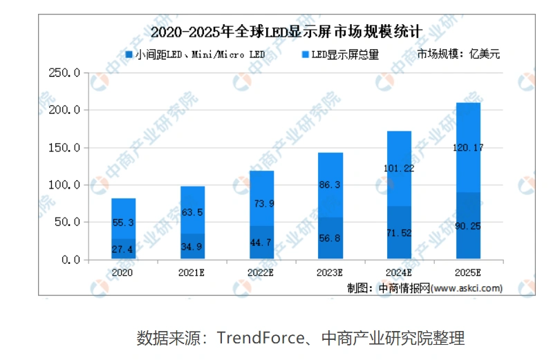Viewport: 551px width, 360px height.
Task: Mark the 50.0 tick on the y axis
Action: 69,222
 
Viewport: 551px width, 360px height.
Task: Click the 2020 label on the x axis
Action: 122,273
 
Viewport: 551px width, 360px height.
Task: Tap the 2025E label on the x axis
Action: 468,273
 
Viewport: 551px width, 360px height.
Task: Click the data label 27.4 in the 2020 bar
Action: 123,248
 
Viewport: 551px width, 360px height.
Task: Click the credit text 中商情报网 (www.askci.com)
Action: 439,287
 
